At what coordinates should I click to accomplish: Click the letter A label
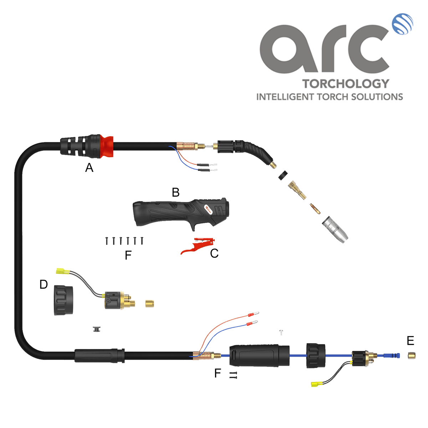point(89,168)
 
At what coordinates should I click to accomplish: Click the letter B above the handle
point(175,192)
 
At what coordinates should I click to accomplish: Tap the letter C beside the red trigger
point(214,253)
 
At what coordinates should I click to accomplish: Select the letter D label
point(44,284)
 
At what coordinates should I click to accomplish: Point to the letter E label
point(410,341)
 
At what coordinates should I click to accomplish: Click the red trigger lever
point(198,246)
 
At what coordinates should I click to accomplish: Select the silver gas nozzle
point(335,229)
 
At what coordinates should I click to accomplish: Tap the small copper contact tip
point(315,209)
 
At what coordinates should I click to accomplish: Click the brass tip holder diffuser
point(297,190)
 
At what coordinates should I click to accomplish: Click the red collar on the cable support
point(107,146)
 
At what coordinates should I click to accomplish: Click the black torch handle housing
point(181,214)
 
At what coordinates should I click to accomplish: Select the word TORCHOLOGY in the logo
point(346,84)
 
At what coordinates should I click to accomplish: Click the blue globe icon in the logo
point(402,24)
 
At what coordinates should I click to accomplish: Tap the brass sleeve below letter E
point(411,356)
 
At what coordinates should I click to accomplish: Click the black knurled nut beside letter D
point(63,300)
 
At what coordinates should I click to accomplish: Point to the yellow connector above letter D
point(63,271)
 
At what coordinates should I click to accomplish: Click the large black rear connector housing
point(259,356)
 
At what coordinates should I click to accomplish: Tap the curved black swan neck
point(258,152)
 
